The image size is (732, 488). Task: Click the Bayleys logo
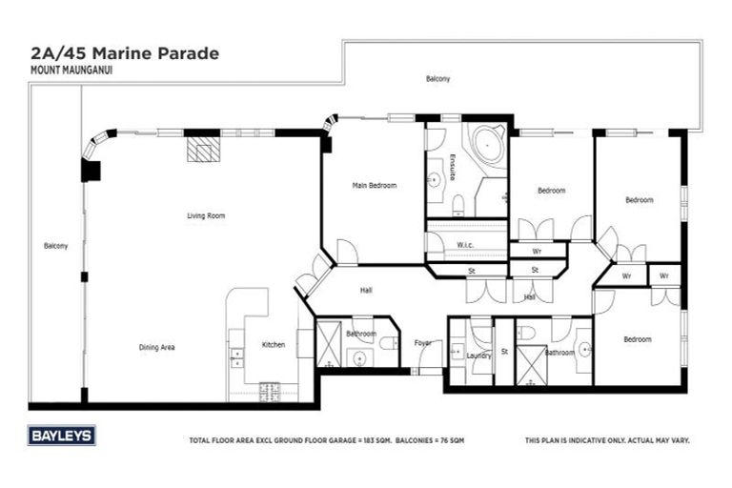(62, 436)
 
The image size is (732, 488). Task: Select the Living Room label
(205, 216)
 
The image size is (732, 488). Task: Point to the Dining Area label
(156, 347)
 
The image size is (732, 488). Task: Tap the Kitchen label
(273, 344)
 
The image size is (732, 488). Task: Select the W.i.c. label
(465, 245)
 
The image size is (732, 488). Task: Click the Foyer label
(423, 343)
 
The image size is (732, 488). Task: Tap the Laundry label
(478, 356)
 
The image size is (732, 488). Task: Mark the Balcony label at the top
(437, 78)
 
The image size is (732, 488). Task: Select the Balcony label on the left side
(55, 246)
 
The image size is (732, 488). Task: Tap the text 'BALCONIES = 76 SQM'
(416, 440)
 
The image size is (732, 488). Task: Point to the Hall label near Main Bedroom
(365, 290)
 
